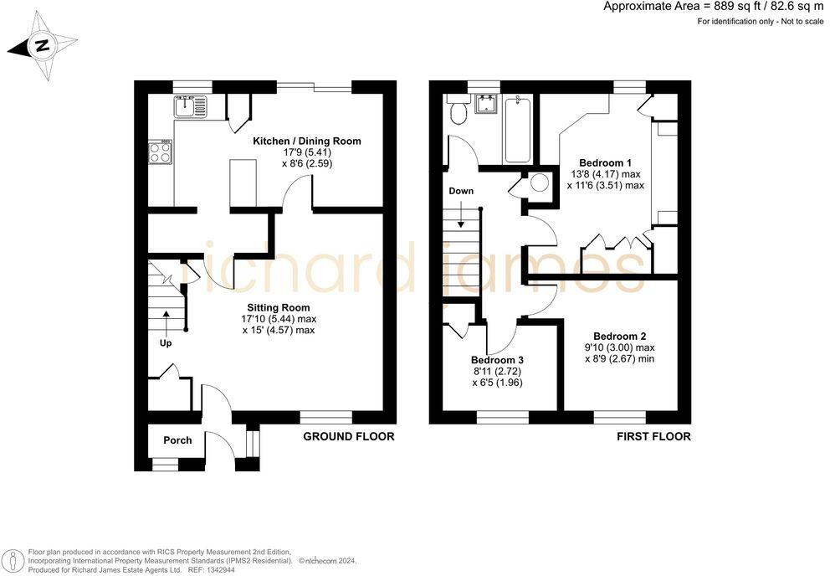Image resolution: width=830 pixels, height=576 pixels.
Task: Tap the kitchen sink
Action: (x=190, y=105)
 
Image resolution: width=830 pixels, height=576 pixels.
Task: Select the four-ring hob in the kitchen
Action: (x=161, y=152)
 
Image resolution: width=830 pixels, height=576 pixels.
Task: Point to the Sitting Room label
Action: (x=279, y=307)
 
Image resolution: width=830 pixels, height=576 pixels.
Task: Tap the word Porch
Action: (x=177, y=440)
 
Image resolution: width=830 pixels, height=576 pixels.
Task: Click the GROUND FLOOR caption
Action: (x=348, y=437)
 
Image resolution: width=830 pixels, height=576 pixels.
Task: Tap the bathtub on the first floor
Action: (x=516, y=130)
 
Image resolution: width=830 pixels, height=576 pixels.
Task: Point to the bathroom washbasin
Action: (x=486, y=104)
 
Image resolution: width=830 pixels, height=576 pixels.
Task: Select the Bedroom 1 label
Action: (x=605, y=162)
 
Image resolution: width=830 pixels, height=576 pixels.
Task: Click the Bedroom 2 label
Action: (x=620, y=336)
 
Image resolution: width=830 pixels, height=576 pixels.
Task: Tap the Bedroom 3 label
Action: (x=497, y=360)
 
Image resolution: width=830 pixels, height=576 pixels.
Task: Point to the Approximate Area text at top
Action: (x=714, y=7)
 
